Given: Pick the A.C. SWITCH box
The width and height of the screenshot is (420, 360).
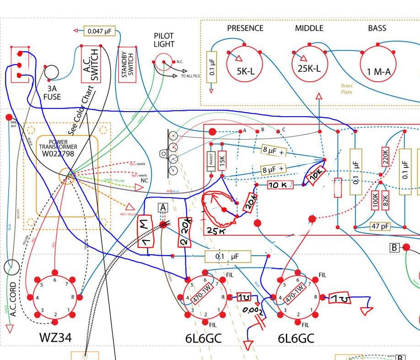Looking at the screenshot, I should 91,64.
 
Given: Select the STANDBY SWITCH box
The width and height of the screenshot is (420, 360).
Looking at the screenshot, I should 128,64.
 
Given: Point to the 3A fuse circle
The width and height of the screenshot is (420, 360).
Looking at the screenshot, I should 51,72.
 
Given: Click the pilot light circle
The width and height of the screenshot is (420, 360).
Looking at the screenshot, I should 163,62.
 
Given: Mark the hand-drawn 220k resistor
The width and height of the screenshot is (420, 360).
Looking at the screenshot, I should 185,232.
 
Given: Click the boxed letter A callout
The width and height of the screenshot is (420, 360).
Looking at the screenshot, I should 163,208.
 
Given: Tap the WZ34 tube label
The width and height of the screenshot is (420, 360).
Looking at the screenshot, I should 55,338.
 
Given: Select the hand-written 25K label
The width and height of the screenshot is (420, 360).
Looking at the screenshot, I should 215,231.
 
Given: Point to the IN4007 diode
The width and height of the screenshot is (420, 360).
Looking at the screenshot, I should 211,161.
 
